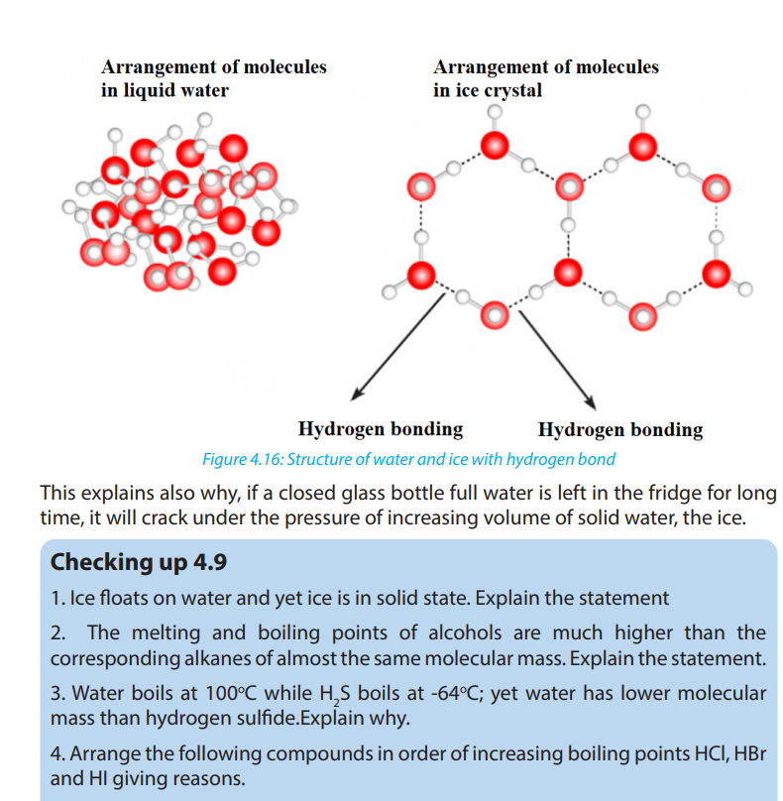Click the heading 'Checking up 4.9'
[139, 562]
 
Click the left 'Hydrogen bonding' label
[381, 429]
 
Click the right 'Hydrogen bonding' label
[620, 430]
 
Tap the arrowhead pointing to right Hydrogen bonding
[591, 402]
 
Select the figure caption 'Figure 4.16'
[243, 459]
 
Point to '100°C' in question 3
[231, 694]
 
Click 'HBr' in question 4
[750, 754]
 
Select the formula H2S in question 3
[335, 695]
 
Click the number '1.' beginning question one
[57, 598]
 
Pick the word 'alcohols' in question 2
[465, 632]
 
